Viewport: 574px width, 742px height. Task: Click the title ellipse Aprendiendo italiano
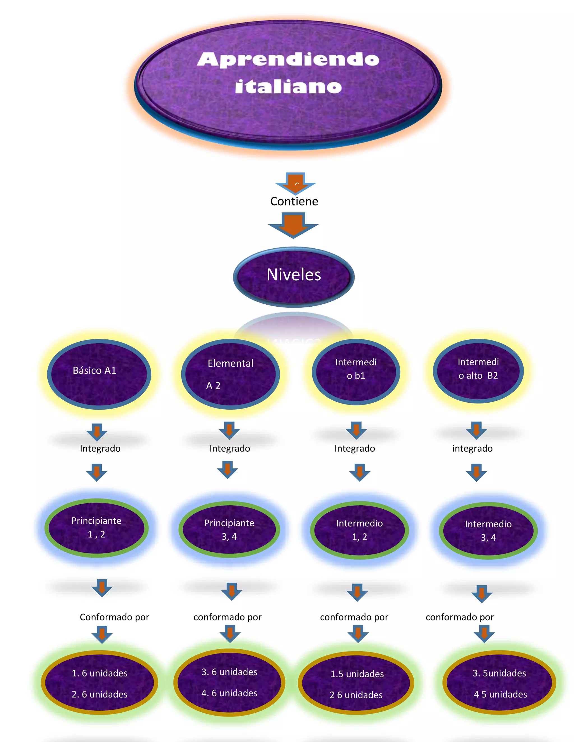pos(288,83)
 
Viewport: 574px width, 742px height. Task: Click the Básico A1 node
pos(99,374)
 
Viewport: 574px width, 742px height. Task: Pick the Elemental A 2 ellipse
pos(230,374)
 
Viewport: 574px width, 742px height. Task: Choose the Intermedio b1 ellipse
pos(356,372)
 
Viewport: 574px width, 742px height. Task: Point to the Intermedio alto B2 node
pos(478,371)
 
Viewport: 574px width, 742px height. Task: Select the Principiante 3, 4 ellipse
pos(229,529)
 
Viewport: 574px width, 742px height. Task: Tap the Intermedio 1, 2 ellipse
pos(359,530)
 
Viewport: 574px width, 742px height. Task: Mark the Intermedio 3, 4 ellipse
pos(488,530)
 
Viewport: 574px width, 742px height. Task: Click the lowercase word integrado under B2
pos(472,449)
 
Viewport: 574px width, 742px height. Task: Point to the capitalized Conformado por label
pos(114,617)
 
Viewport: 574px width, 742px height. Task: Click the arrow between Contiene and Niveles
pos(293,225)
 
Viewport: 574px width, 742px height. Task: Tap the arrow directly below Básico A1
pos(97,432)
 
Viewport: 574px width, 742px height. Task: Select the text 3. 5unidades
pos(499,673)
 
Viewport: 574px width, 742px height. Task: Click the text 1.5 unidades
pos(357,674)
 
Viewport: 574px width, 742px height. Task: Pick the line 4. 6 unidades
pos(229,693)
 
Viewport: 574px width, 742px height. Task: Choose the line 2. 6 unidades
pos(99,694)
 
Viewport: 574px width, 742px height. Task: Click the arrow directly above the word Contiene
pos(295,183)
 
